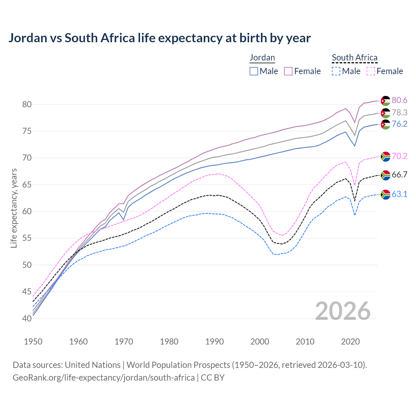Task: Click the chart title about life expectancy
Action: (x=159, y=38)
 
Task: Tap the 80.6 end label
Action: (x=399, y=100)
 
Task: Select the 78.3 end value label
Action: (x=399, y=112)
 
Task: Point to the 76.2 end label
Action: (x=399, y=124)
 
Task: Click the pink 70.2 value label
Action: (x=399, y=156)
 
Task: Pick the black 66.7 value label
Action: (x=399, y=175)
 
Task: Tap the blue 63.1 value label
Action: (x=399, y=194)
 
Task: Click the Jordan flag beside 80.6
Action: (x=385, y=101)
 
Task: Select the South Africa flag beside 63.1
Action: (x=385, y=194)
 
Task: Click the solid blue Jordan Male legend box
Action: (x=254, y=71)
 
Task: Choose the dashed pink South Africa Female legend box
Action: (x=371, y=71)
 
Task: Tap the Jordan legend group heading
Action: (x=262, y=58)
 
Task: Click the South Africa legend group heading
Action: (x=355, y=58)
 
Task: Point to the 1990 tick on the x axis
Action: (x=214, y=342)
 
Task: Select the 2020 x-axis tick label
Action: (x=350, y=342)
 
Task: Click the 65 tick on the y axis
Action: (x=27, y=185)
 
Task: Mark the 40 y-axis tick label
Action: (x=27, y=318)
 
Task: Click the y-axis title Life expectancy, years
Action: (x=14, y=208)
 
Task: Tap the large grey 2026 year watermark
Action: (x=343, y=311)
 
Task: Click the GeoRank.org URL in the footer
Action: (x=104, y=378)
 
